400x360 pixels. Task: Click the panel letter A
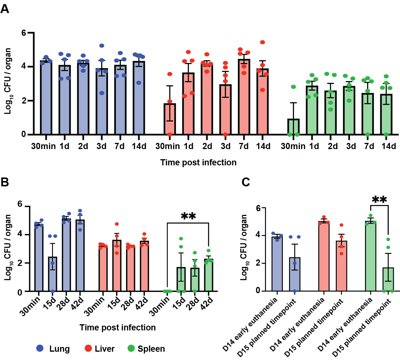(x=5, y=9)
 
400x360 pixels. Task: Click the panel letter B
(x=5, y=182)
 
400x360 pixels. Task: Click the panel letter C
(x=246, y=182)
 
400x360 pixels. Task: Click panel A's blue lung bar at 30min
(x=46, y=98)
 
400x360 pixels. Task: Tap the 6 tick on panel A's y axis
(x=24, y=33)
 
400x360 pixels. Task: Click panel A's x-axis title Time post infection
(x=198, y=162)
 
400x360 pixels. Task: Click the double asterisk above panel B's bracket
(x=188, y=216)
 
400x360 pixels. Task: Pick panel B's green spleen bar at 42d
(x=209, y=275)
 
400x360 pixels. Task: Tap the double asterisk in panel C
(x=379, y=200)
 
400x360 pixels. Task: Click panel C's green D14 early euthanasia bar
(x=370, y=256)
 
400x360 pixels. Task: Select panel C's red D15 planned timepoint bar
(x=341, y=266)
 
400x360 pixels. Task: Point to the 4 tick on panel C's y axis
(x=258, y=235)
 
